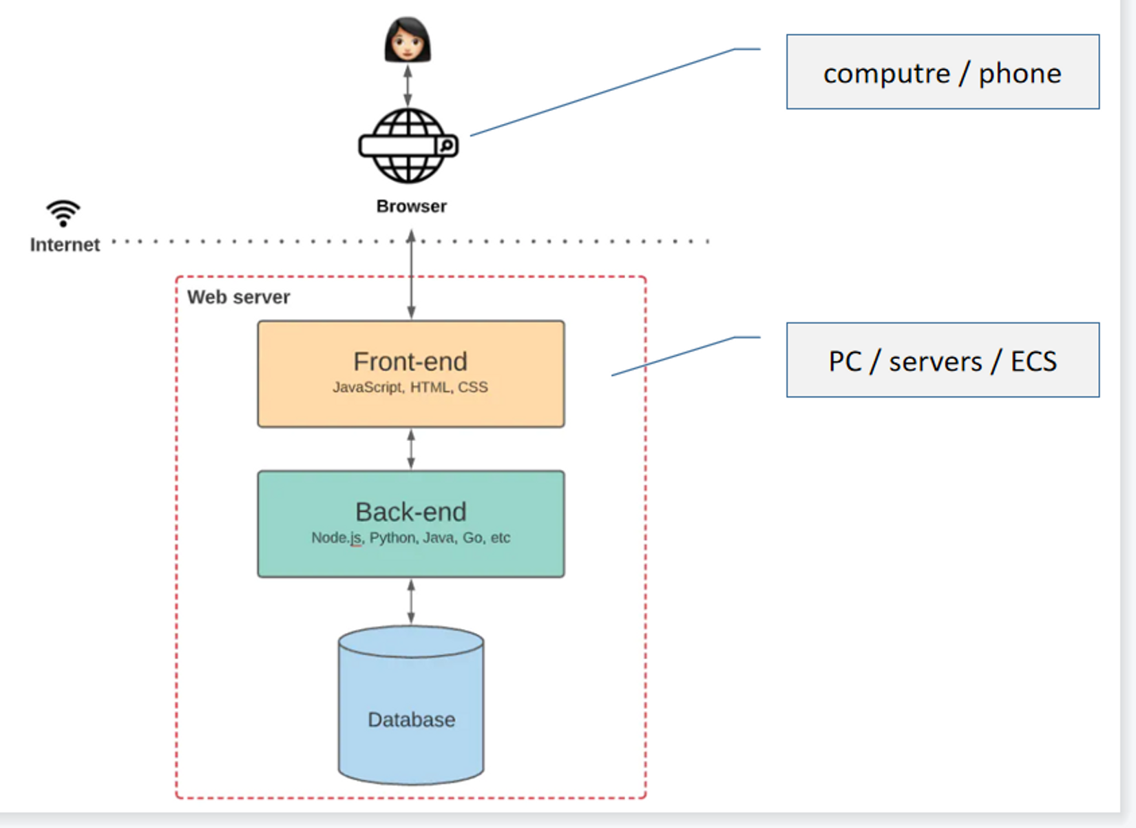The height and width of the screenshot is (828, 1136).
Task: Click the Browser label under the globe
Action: pyautogui.click(x=411, y=206)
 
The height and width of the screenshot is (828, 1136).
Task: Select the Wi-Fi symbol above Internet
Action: pyautogui.click(x=63, y=213)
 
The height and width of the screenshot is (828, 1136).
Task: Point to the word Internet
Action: pyautogui.click(x=65, y=245)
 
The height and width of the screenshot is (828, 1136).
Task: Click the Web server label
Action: pyautogui.click(x=238, y=297)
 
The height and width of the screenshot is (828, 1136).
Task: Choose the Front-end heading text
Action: pyautogui.click(x=410, y=362)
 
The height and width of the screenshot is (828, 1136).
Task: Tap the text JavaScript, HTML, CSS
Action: pyautogui.click(x=410, y=387)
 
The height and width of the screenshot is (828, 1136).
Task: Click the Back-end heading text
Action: pyautogui.click(x=411, y=512)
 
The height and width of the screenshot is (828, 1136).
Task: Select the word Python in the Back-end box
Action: pyautogui.click(x=392, y=537)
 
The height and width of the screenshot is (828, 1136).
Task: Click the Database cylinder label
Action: pyautogui.click(x=411, y=720)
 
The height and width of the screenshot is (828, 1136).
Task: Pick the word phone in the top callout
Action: pyautogui.click(x=1020, y=74)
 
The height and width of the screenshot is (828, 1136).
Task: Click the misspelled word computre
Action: pyautogui.click(x=886, y=74)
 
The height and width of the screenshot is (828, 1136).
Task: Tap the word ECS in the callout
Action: pyautogui.click(x=1033, y=362)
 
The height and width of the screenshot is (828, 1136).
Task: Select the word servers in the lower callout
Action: pyautogui.click(x=935, y=362)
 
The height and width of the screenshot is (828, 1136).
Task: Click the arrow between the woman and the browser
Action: pyautogui.click(x=408, y=85)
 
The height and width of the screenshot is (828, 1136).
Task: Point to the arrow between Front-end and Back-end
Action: pyautogui.click(x=411, y=449)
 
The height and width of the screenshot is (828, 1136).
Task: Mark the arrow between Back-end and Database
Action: pyautogui.click(x=411, y=601)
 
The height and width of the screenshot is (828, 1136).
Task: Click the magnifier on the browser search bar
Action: pyautogui.click(x=446, y=145)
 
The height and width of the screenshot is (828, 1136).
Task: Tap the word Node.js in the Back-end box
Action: pyautogui.click(x=336, y=537)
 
